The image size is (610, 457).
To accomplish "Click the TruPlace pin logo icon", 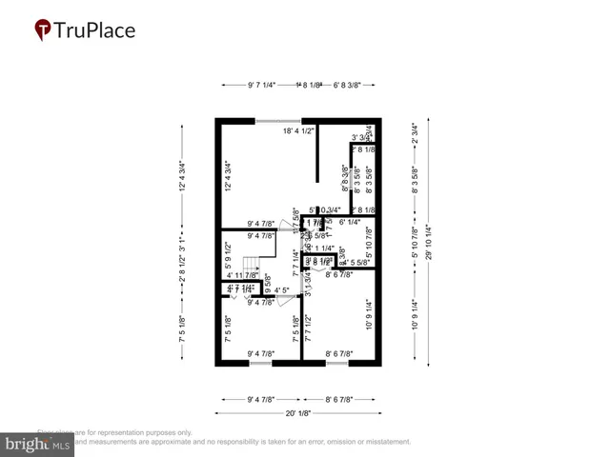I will coord(42,30).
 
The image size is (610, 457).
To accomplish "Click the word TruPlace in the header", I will coord(94,30).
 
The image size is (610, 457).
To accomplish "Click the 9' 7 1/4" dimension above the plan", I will coord(260,85).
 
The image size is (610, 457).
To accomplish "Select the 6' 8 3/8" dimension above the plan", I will coord(348,85).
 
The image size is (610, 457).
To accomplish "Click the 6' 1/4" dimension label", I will coord(354,222).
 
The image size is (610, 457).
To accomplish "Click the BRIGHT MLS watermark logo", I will coord(38,444).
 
